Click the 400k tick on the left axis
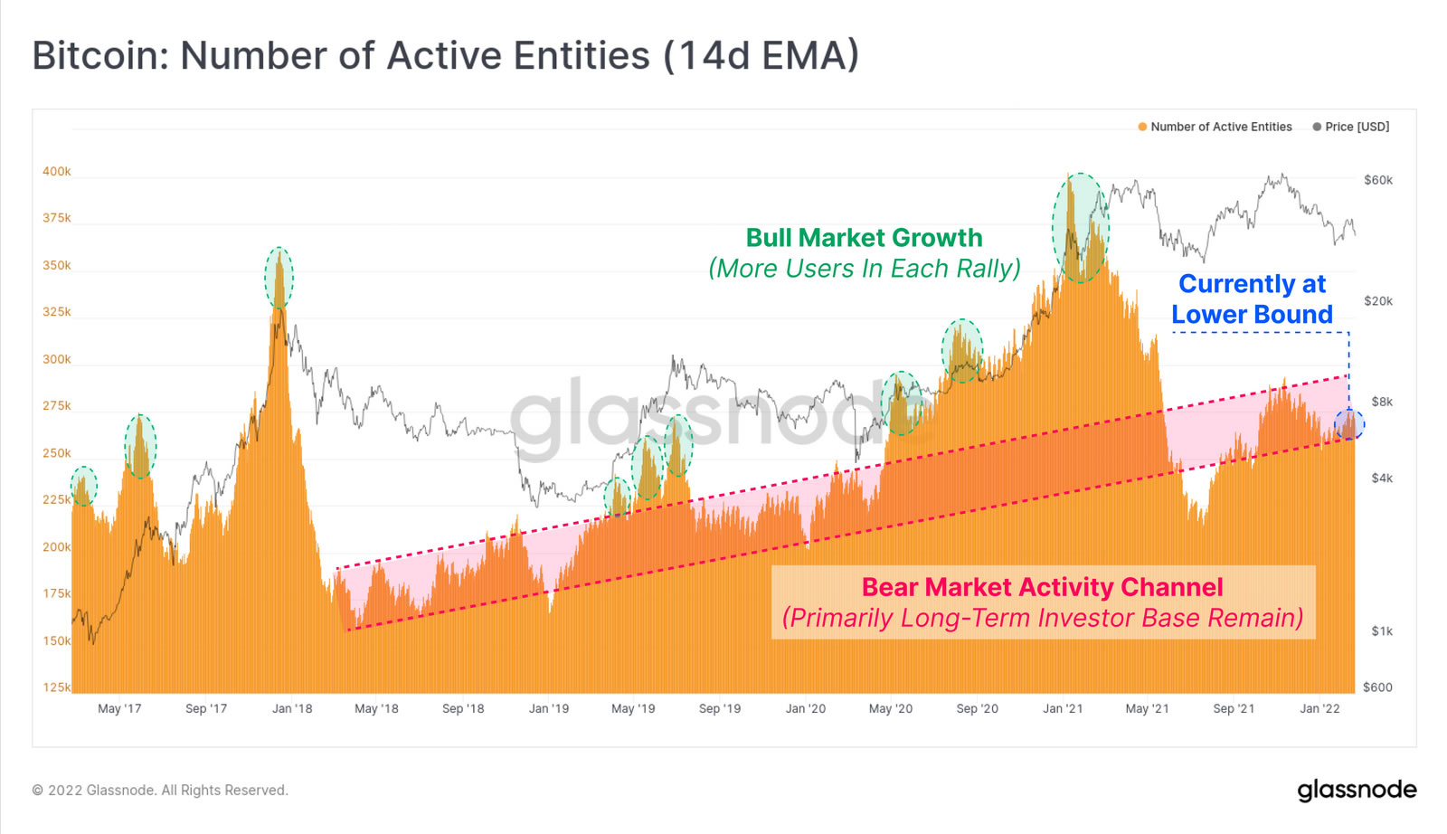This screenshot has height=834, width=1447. [x=56, y=172]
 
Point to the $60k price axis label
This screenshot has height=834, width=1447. [x=1378, y=180]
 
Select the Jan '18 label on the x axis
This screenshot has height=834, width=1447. [x=292, y=708]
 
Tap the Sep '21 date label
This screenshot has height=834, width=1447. [x=1234, y=708]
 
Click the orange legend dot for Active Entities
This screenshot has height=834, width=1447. [x=1142, y=127]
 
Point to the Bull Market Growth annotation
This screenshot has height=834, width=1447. [x=864, y=238]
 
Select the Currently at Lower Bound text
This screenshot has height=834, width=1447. [x=1253, y=299]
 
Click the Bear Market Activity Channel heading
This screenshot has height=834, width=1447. [x=1042, y=587]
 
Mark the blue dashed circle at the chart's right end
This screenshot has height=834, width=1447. [x=1349, y=423]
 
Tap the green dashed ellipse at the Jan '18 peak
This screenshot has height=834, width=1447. [x=279, y=278]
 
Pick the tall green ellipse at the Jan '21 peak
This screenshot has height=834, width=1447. [x=1080, y=228]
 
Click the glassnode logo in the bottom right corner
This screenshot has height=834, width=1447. [x=1357, y=790]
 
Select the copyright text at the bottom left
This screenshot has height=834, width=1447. [x=160, y=791]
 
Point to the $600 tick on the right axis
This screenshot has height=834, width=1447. [x=1377, y=687]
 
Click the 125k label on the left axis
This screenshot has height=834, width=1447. [x=56, y=687]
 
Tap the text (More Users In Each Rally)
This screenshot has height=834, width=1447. [x=864, y=269]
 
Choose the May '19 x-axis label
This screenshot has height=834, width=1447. [x=633, y=708]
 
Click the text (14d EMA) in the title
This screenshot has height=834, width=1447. [x=761, y=55]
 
